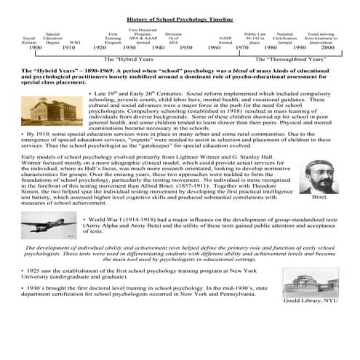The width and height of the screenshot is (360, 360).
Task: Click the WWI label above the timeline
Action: coord(74,41)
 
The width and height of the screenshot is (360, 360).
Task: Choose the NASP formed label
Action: coord(225,39)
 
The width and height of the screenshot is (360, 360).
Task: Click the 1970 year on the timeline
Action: coord(241,47)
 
